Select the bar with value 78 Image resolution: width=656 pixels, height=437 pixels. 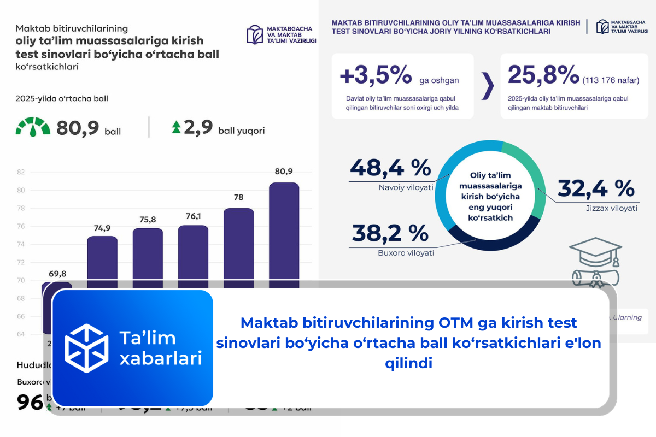[x=238, y=246]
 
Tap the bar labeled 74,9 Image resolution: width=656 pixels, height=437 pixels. [x=102, y=259]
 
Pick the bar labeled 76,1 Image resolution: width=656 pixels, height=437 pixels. [x=193, y=254]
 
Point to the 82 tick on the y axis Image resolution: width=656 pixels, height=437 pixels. [x=21, y=172]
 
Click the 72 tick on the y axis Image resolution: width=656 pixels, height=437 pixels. [x=21, y=262]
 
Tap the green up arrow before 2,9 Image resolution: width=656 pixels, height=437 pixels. [x=176, y=128]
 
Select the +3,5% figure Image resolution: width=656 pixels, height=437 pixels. [x=376, y=75]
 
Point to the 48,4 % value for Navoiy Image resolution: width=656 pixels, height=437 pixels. [x=390, y=168]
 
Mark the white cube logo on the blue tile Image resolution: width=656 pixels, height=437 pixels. [x=86, y=348]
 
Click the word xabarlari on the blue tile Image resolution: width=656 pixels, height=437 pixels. [x=160, y=358]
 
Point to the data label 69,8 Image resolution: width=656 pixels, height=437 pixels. [x=57, y=273]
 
